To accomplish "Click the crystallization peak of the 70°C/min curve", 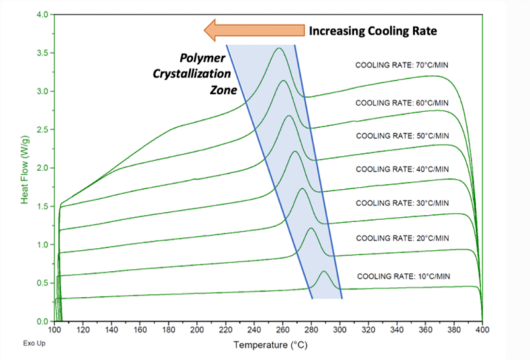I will click(279, 48).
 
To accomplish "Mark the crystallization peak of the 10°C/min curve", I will click(324, 271).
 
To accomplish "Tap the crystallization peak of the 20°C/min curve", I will click(311, 229).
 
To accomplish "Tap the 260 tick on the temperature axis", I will click(282, 329).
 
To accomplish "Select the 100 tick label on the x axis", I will click(54, 329).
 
